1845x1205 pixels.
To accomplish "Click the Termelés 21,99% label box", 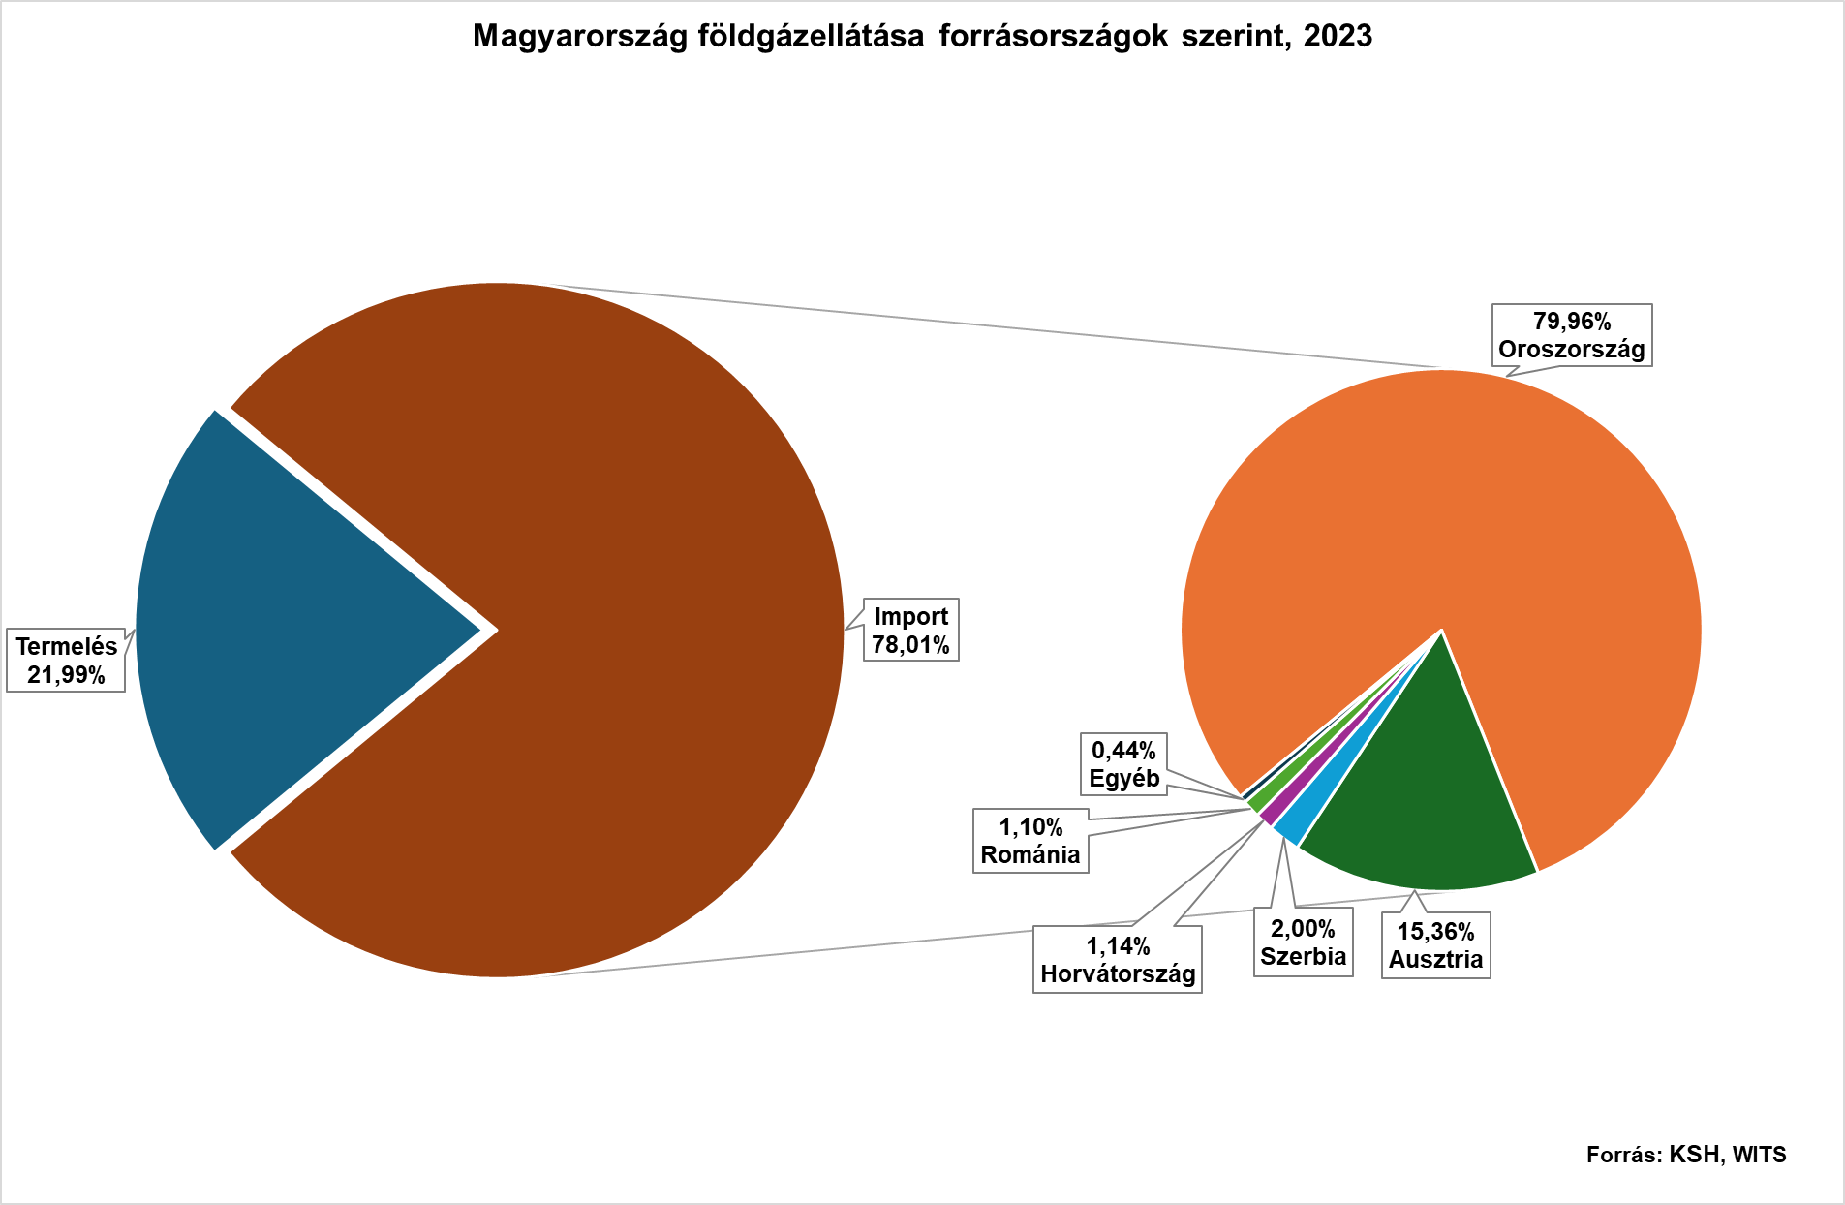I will pos(66,661).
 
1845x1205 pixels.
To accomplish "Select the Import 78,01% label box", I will pos(910,631).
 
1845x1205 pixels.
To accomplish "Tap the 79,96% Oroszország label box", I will pos(1571,335).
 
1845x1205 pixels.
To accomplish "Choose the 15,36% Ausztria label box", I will pos(1435,945).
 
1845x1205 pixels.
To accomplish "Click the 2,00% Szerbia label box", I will pos(1303,942).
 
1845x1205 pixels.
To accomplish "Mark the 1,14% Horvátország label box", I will pos(1117,960).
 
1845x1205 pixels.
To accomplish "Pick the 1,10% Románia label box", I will pos(1030,841).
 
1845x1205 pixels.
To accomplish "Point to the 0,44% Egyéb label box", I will pos(1123,764).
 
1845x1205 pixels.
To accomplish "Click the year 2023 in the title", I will pos(1338,36).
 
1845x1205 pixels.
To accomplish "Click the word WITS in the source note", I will pos(1759,1155).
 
